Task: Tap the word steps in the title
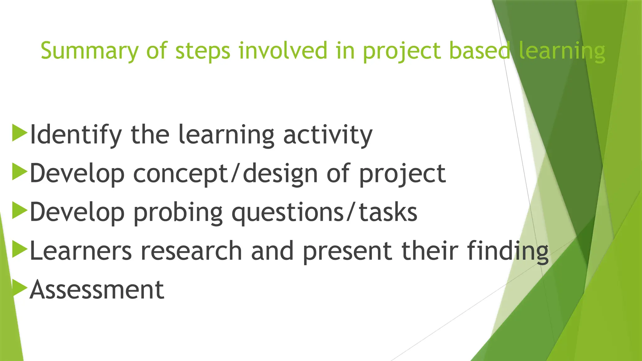click(203, 51)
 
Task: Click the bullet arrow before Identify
click(19, 133)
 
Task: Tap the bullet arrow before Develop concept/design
click(19, 172)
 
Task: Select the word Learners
click(81, 251)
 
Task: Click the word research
click(191, 251)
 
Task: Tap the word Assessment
click(97, 290)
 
